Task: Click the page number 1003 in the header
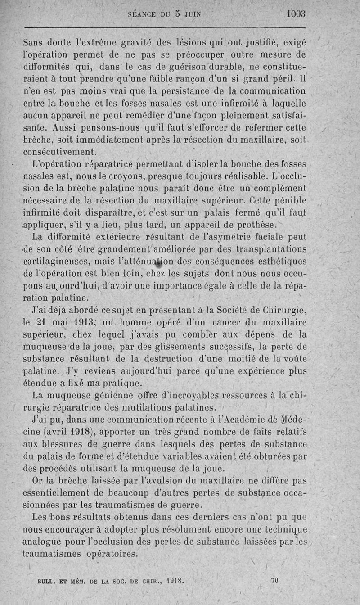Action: (x=296, y=14)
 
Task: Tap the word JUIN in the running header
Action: (x=190, y=14)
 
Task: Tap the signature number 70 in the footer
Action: (x=274, y=581)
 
